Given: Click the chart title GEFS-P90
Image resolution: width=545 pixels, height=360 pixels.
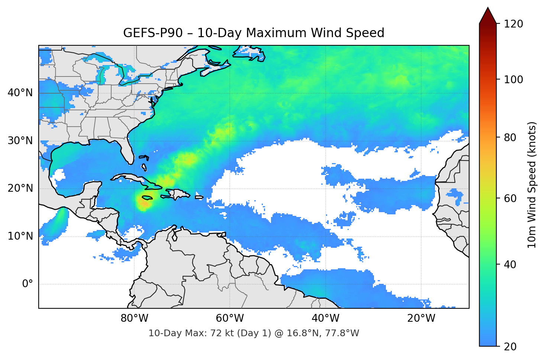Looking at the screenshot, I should pyautogui.click(x=254, y=33).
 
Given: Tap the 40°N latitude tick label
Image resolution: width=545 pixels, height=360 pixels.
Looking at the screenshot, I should pyautogui.click(x=20, y=93).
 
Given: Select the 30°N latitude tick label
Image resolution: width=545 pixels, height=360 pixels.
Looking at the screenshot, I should pyautogui.click(x=20, y=141).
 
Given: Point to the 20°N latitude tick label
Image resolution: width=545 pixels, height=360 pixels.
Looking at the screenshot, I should pyautogui.click(x=20, y=188).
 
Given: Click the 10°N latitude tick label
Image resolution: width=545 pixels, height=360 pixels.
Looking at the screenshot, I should pyautogui.click(x=20, y=236).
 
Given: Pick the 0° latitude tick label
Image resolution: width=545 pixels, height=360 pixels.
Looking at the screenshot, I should pyautogui.click(x=28, y=284).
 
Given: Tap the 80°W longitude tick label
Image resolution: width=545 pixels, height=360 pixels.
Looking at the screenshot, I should pyautogui.click(x=134, y=318).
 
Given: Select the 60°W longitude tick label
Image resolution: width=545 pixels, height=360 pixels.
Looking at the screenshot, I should pyautogui.click(x=230, y=318).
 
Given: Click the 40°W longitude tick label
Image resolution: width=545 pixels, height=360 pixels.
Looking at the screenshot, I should pyautogui.click(x=325, y=318).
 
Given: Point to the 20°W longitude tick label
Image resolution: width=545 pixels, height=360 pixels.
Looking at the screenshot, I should pyautogui.click(x=421, y=318).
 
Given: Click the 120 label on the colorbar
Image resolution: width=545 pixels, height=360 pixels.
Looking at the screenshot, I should pyautogui.click(x=513, y=24).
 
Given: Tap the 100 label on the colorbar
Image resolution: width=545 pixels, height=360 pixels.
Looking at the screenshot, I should pyautogui.click(x=513, y=80).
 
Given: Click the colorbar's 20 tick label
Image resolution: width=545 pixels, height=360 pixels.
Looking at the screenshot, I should pyautogui.click(x=510, y=347).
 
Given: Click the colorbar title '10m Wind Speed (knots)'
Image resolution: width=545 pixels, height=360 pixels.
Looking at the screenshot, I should pyautogui.click(x=532, y=185).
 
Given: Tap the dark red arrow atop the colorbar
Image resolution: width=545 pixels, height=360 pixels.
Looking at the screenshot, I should pyautogui.click(x=488, y=16).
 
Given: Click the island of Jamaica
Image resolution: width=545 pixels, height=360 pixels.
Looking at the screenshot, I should pyautogui.click(x=147, y=198).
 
